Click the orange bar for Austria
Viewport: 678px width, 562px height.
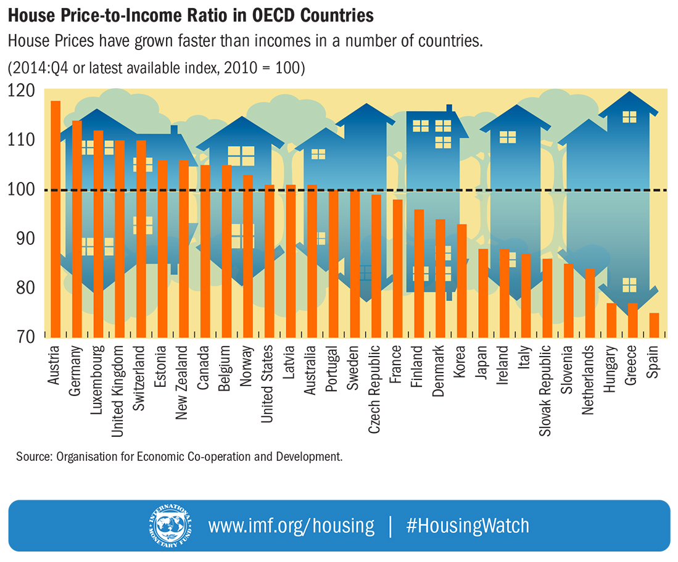click(x=56, y=219)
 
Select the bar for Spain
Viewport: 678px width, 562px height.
click(x=654, y=325)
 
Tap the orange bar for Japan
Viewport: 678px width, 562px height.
click(x=483, y=293)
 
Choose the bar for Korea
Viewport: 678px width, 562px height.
click(x=461, y=281)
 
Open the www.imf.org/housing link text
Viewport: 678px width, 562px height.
click(x=291, y=526)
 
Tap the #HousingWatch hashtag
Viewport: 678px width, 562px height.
click(x=468, y=526)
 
